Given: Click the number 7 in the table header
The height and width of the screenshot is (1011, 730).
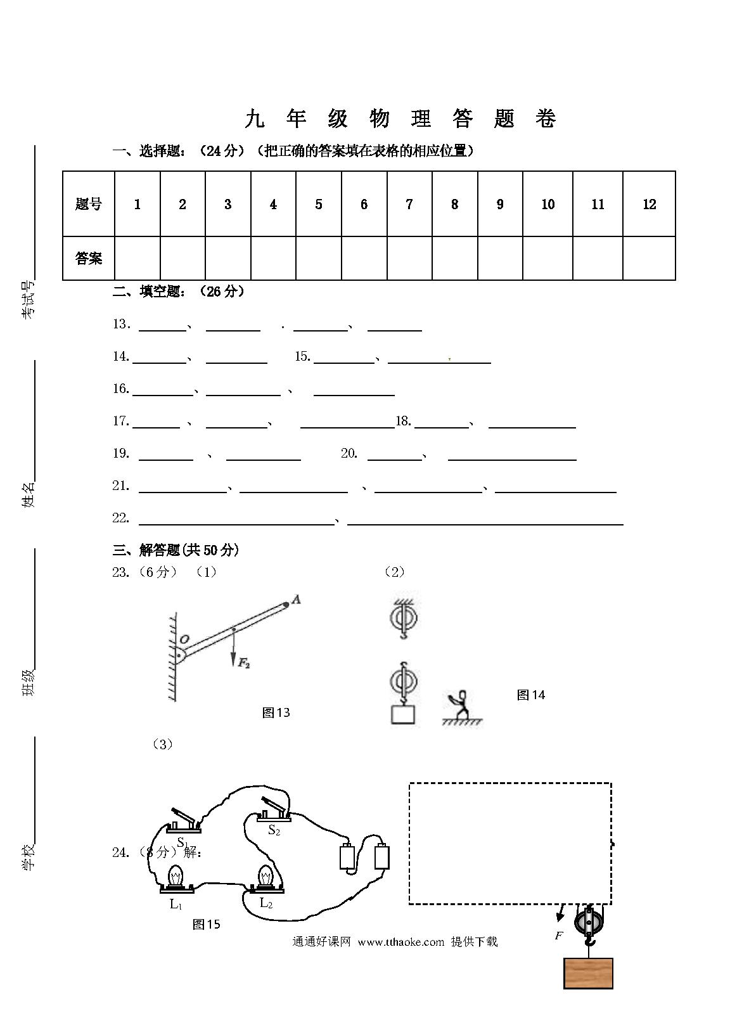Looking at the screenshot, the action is [x=409, y=205].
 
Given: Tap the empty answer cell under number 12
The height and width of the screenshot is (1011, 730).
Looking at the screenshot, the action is [x=649, y=258].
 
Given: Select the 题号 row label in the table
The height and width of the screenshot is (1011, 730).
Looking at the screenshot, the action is [x=89, y=204].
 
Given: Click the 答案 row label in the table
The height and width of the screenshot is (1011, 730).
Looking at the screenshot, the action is [x=89, y=258].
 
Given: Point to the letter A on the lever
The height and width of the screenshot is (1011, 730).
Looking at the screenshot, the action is [x=297, y=600].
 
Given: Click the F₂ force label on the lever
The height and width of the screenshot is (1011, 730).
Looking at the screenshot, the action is [x=243, y=662].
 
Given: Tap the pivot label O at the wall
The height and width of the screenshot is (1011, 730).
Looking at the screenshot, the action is [x=184, y=639].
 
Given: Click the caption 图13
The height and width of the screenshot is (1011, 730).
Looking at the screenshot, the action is [x=276, y=712].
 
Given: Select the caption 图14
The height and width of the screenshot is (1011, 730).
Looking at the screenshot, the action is [x=530, y=695].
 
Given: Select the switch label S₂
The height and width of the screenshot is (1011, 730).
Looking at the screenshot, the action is [x=274, y=830].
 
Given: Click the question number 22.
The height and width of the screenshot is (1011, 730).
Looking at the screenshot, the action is [x=120, y=518].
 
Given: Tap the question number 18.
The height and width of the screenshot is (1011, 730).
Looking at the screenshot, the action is [x=404, y=421].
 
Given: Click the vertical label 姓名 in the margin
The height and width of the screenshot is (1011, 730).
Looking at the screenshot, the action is [x=28, y=494].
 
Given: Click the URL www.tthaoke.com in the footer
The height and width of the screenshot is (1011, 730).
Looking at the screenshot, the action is [x=401, y=942].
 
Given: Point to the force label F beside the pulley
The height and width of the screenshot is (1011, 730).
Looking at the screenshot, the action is [x=558, y=935].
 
